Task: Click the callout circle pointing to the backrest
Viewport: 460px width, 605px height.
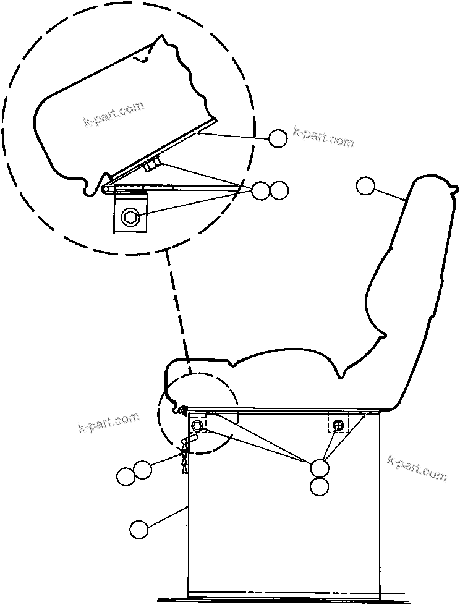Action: click(x=366, y=185)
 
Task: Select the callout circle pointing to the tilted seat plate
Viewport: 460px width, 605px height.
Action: click(x=278, y=138)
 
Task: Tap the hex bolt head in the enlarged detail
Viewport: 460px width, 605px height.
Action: click(x=130, y=216)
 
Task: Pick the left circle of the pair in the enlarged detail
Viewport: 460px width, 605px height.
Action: click(x=261, y=190)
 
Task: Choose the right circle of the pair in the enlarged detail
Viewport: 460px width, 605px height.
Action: click(x=279, y=190)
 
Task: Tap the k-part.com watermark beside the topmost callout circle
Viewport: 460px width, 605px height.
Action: click(x=324, y=137)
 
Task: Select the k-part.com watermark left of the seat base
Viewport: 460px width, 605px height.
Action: click(x=109, y=423)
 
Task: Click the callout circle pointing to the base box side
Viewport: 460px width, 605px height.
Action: click(x=139, y=529)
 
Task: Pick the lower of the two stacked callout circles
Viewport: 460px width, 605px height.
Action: click(x=320, y=486)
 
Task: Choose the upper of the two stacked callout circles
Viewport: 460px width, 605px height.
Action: click(x=320, y=468)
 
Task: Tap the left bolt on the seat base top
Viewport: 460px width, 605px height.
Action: click(x=198, y=426)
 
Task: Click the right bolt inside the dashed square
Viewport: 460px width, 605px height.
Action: click(x=338, y=425)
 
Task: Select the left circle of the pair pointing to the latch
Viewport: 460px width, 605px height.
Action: click(x=126, y=476)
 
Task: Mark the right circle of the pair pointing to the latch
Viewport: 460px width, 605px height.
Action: click(x=143, y=470)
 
